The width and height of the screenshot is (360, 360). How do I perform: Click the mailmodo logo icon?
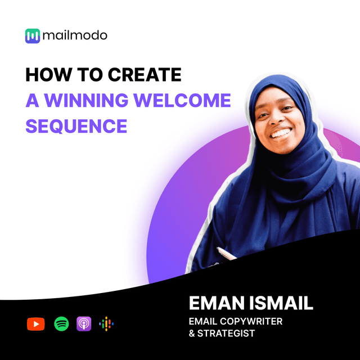(x=33, y=36)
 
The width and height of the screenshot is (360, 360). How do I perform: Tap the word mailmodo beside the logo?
(x=74, y=36)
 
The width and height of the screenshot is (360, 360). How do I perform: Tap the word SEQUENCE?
(x=76, y=127)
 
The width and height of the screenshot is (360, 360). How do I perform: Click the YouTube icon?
(x=35, y=324)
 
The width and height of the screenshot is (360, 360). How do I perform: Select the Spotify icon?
(x=61, y=324)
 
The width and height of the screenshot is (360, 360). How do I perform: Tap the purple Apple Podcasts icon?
(x=84, y=324)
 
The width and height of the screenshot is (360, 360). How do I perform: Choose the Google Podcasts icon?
(x=106, y=324)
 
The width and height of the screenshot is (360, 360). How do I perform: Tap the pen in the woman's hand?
(x=226, y=254)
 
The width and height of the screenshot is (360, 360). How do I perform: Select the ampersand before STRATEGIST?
(x=192, y=334)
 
